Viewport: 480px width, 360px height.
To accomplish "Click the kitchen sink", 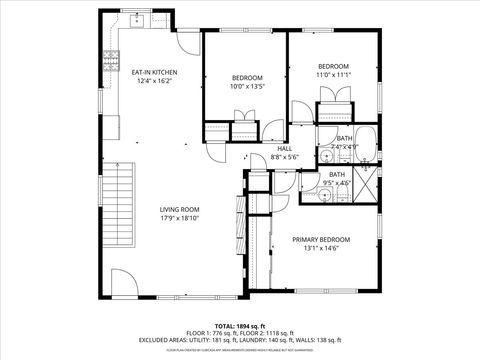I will [x=140, y=19].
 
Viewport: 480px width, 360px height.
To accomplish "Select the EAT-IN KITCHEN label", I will [x=154, y=72].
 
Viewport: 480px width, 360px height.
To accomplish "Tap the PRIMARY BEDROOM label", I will [x=321, y=240].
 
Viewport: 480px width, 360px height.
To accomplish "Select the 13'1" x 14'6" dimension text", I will [x=321, y=249].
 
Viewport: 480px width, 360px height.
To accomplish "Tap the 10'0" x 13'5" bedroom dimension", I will [x=247, y=86].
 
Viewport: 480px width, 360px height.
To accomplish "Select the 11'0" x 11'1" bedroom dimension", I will [x=333, y=74].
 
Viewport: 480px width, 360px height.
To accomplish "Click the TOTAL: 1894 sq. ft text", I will [x=241, y=326].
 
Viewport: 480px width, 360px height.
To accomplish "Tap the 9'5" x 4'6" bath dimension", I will [x=337, y=183].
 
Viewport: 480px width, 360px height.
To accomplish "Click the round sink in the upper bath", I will [x=327, y=156].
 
